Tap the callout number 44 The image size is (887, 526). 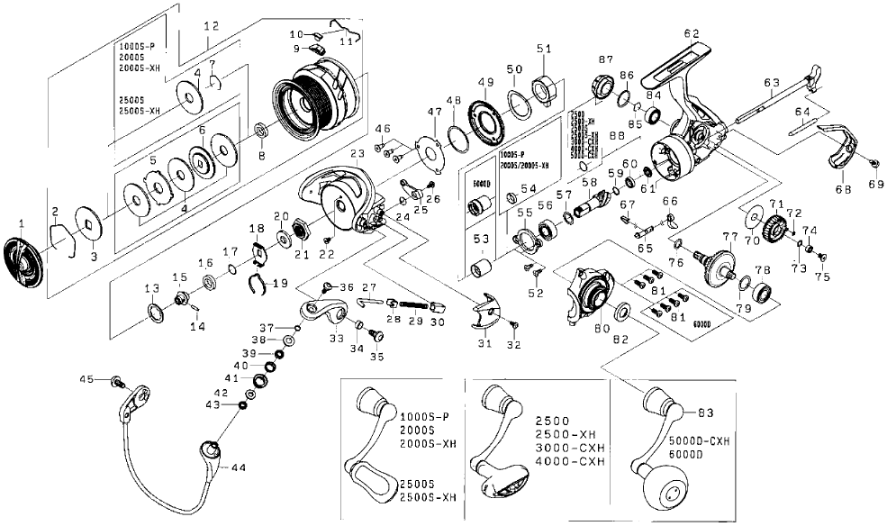239,467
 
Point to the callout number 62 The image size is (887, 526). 691,33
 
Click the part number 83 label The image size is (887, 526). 704,412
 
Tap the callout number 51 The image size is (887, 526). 543,48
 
